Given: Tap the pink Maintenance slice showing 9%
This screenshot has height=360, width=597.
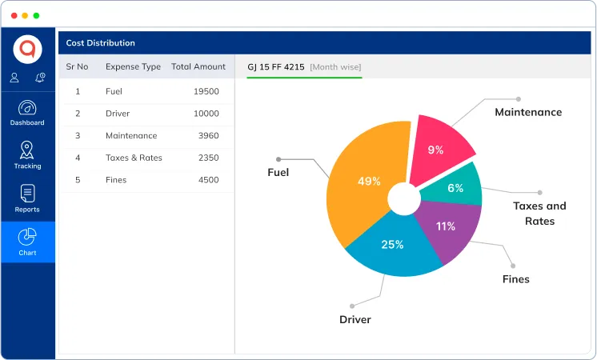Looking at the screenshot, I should tap(439, 147).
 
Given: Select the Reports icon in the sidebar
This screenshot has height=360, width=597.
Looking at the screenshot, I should tap(27, 194).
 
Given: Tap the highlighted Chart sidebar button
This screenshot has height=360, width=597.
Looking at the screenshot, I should tap(27, 242).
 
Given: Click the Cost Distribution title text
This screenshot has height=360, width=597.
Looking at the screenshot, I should tap(100, 43).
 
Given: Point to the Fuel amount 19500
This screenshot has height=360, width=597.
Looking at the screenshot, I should tap(206, 91).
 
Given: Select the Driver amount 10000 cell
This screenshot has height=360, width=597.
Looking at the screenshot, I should tap(206, 114).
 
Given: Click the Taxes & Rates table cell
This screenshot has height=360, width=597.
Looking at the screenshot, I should tap(134, 158).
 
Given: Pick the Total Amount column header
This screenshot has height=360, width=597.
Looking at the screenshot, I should tap(198, 66).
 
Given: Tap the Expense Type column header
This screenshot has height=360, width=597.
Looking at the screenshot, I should tap(133, 66).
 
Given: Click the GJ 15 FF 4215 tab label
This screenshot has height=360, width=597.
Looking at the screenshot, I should tap(276, 66).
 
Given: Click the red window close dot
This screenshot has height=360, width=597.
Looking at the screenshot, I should tap(14, 15).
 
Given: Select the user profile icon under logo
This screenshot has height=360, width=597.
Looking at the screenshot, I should tap(14, 78).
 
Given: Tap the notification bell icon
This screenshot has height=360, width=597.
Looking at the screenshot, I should tap(40, 78).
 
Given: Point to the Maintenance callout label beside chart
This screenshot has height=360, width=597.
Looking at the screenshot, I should tap(527, 112).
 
